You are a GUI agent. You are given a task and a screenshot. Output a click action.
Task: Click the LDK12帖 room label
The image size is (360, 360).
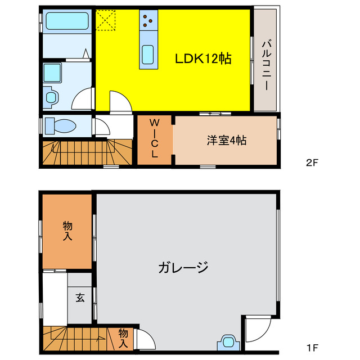point(203,58)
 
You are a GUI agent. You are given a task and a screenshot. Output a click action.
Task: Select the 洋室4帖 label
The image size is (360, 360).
point(226,141)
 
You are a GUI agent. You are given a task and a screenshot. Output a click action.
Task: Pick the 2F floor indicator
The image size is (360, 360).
point(312,164)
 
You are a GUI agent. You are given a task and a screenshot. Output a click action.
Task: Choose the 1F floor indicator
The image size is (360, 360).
point(312,346)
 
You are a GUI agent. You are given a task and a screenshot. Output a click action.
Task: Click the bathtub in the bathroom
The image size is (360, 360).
point(65,22)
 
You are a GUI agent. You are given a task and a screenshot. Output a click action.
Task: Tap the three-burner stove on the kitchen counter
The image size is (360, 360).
point(149,21)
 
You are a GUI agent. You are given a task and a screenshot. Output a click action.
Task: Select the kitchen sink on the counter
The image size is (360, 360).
point(149,55)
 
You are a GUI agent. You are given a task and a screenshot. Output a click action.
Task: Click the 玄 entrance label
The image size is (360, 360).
point(80,298)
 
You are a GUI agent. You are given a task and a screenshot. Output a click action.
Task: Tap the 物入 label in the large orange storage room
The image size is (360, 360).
point(67,231)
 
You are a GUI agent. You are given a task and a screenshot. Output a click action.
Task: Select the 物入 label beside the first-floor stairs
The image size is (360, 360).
point(123,337)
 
